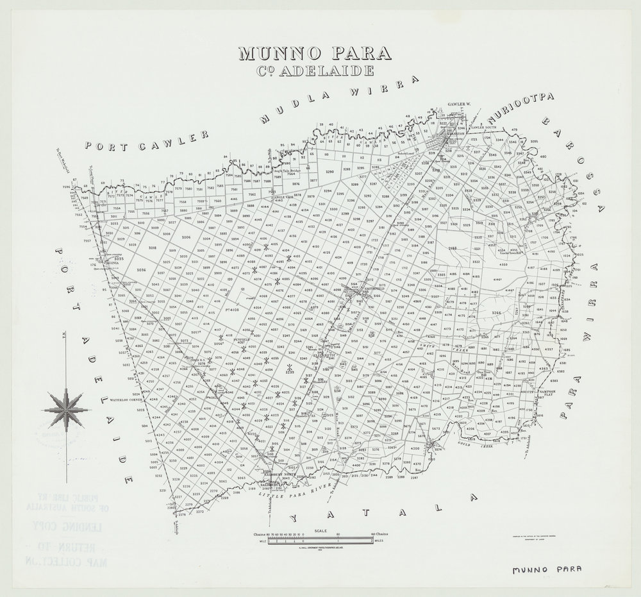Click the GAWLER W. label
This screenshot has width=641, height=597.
coord(458,104)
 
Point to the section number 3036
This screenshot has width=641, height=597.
coord(142,271)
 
